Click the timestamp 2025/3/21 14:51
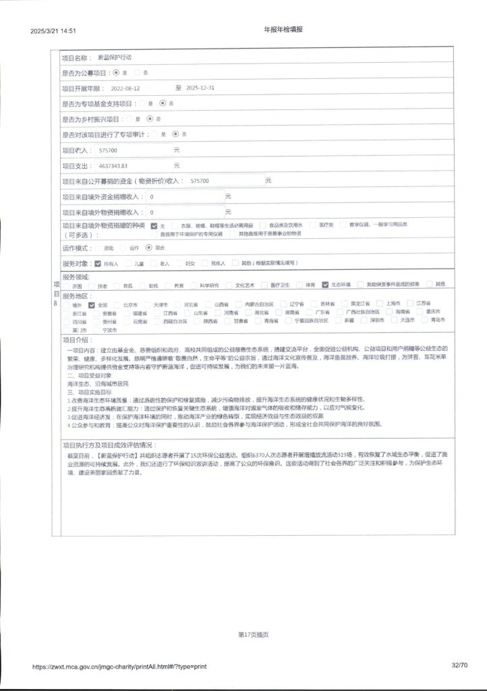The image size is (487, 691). point(53,31)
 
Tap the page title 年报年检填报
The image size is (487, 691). point(283,30)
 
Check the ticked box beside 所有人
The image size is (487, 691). point(98,263)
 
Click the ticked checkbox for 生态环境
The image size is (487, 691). point(326,285)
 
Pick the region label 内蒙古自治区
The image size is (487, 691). point(259,304)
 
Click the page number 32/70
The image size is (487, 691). point(461,665)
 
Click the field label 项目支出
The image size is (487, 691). point(76,165)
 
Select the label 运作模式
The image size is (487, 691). point(76,248)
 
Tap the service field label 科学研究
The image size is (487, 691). point(208,285)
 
